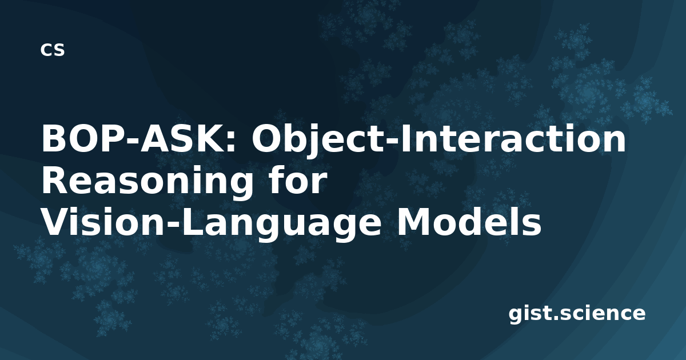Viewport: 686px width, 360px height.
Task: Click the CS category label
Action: (53, 50)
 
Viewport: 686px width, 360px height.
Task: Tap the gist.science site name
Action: (577, 314)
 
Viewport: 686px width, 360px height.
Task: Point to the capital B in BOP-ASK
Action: (52, 139)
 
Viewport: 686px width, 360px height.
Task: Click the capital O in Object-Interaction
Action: (265, 139)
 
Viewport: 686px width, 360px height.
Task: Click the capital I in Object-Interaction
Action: (404, 139)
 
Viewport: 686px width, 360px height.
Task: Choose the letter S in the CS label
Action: (59, 50)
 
